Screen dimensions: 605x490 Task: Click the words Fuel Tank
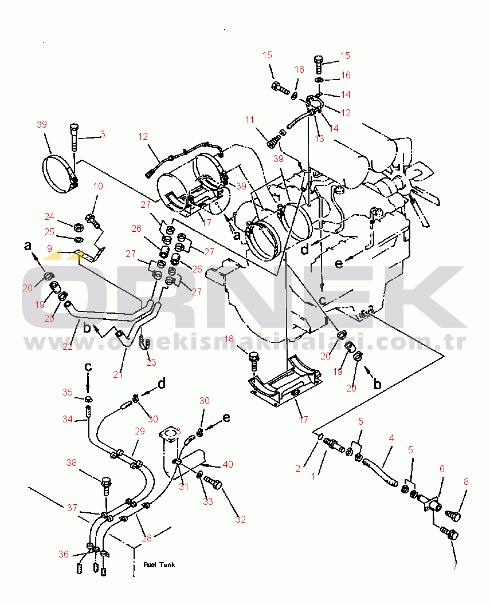pos(159,565)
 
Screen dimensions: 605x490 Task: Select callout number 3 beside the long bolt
pos(103,134)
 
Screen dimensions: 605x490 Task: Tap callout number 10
pos(98,186)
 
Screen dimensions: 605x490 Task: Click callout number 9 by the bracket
pos(49,248)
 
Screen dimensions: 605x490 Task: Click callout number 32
pos(240,519)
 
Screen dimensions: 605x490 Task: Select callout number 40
pos(228,464)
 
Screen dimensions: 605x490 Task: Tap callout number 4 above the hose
pos(391,439)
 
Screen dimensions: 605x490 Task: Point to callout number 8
pos(465,481)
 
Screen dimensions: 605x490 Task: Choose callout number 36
pos(64,553)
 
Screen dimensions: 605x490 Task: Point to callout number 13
pos(319,139)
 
